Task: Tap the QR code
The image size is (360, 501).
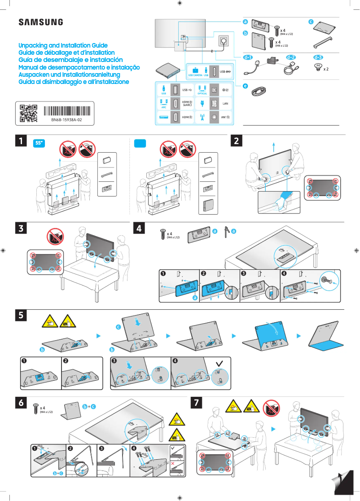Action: (x=28, y=114)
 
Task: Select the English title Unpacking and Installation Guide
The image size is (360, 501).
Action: (x=63, y=46)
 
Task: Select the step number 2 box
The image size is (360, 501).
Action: (x=237, y=141)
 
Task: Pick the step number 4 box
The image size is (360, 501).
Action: (x=140, y=228)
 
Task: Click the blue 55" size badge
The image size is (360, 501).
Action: (x=40, y=143)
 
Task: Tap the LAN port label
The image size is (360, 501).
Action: (x=225, y=104)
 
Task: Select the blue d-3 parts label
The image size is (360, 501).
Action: (x=318, y=57)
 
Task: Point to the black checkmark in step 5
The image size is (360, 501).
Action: (x=219, y=362)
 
